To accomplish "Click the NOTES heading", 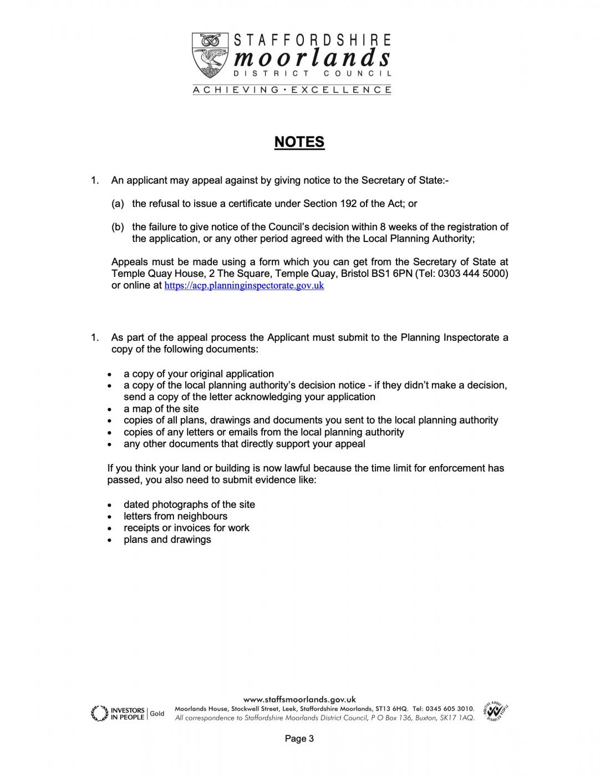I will pos(299,142).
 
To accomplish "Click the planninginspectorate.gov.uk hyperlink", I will pos(244,286).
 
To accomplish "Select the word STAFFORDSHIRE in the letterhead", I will pos(313,40).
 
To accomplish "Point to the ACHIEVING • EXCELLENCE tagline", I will pos(292,90).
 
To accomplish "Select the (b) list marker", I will pos(118,227).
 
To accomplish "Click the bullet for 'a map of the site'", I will pos(111,410).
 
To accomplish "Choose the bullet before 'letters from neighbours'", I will pos(111,517).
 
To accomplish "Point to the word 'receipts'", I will pos(141,528).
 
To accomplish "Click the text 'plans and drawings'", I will pos(167,539).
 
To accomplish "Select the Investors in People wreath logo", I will pos(99,713).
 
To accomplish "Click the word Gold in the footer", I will pos(157,714).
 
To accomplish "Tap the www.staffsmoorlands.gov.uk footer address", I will pos(299,700).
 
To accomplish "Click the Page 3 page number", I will pos(299,739).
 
